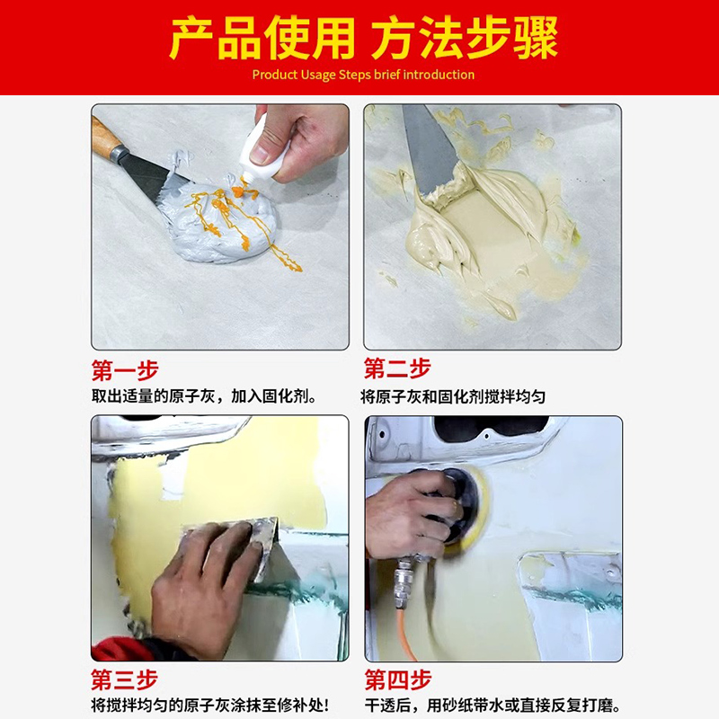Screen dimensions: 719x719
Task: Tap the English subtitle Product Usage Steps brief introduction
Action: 363,75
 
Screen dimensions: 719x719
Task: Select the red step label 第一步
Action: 125,369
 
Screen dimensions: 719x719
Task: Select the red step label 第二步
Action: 396,369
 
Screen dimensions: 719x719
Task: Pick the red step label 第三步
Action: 125,680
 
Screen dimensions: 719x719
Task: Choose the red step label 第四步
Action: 396,680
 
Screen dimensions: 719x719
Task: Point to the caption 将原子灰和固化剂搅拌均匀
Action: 453,396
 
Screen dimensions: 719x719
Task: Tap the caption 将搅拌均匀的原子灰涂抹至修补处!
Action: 209,706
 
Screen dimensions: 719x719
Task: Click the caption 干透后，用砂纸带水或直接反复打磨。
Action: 493,706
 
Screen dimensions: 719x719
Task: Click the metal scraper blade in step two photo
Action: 429,148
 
